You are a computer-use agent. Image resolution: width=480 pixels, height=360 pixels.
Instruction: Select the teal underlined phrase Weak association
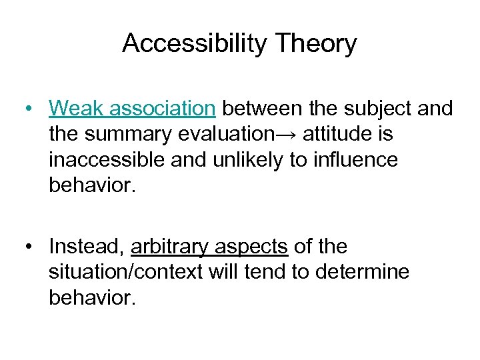(131, 108)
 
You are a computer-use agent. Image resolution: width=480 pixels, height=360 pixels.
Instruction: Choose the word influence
(363, 159)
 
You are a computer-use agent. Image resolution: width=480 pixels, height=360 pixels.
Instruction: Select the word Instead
(87, 247)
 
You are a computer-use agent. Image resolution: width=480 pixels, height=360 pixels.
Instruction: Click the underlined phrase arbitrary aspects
(210, 247)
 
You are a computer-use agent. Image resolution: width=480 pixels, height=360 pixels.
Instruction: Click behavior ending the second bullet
(92, 298)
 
